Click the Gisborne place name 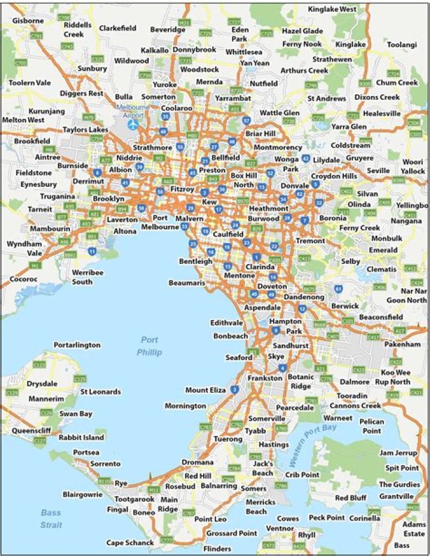point(27,20)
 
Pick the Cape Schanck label point(130,543)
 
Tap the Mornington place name point(185,406)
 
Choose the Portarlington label point(77,345)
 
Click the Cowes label point(287,518)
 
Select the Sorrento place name point(105,463)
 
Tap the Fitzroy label point(182,188)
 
